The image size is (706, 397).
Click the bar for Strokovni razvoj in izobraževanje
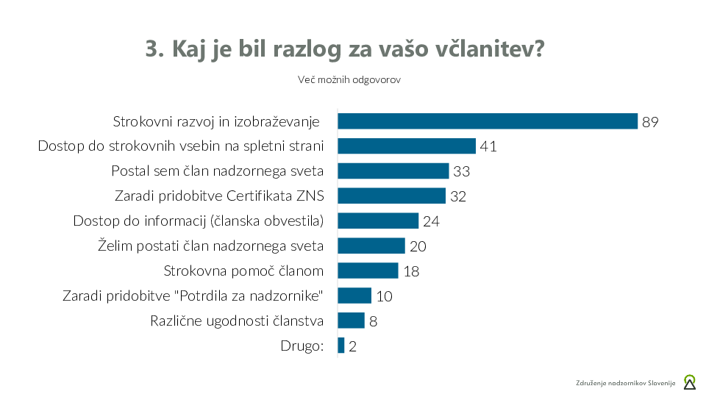(x=487, y=121)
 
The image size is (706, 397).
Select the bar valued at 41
(x=407, y=146)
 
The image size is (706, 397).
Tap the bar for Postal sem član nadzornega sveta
(x=393, y=171)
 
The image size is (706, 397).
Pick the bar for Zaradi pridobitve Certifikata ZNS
(x=391, y=196)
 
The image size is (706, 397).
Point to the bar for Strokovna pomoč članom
(x=368, y=271)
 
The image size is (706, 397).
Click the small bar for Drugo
(x=341, y=346)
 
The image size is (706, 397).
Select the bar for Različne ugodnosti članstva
(x=351, y=321)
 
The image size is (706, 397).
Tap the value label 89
(x=650, y=122)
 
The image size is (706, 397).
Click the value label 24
(x=431, y=221)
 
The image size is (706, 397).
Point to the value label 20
(x=418, y=246)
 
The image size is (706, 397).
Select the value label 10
(x=384, y=296)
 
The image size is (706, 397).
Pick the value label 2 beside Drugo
(x=352, y=346)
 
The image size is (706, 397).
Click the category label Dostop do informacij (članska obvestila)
(x=199, y=221)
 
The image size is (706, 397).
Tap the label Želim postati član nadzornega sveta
(x=211, y=246)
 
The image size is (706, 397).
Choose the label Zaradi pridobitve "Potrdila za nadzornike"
(x=193, y=296)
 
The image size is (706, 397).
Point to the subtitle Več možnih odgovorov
(x=349, y=79)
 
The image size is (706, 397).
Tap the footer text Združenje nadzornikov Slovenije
(x=625, y=383)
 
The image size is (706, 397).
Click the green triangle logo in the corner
(x=689, y=382)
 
